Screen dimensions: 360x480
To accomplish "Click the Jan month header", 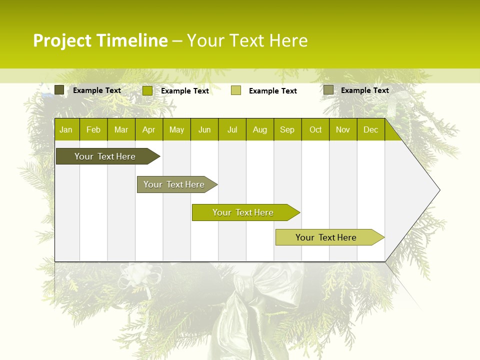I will (66, 129).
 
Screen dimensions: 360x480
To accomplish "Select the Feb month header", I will (93, 129).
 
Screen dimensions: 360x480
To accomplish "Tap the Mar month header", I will (121, 129).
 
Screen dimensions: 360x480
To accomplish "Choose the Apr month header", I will (148, 129).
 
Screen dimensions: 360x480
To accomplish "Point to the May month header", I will (176, 129).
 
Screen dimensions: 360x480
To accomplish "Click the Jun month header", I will (204, 129).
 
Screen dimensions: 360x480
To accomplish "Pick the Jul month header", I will (232, 129).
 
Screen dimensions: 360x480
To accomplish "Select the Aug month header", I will (260, 129).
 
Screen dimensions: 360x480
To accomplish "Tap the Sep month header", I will (287, 129).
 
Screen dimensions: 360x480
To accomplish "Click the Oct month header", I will (315, 129).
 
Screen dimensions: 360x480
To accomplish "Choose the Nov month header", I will (343, 129).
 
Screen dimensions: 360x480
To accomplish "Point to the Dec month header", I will (370, 129).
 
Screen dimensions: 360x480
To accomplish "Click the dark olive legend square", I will (59, 90).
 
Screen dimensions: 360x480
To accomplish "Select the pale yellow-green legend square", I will (236, 90).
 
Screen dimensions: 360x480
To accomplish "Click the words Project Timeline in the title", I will (100, 40).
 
